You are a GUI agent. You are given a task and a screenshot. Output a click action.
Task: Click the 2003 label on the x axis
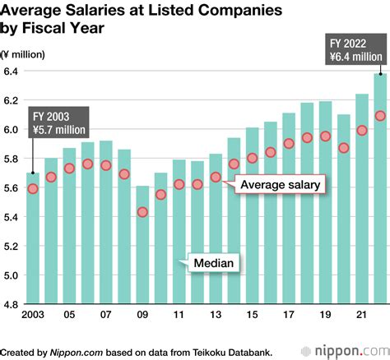[x=32, y=316]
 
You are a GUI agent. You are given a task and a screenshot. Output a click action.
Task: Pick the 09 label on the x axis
[x=142, y=316]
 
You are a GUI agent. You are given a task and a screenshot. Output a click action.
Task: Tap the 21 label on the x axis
[x=361, y=316]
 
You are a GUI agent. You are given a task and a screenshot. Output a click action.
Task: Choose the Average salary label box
[x=280, y=186]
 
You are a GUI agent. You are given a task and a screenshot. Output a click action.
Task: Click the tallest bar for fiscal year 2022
[x=379, y=189]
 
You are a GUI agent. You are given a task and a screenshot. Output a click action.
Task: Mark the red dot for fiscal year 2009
[x=142, y=212]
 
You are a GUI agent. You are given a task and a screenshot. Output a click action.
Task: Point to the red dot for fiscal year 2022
[x=379, y=116]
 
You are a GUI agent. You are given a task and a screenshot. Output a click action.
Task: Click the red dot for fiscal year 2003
[x=32, y=188]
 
